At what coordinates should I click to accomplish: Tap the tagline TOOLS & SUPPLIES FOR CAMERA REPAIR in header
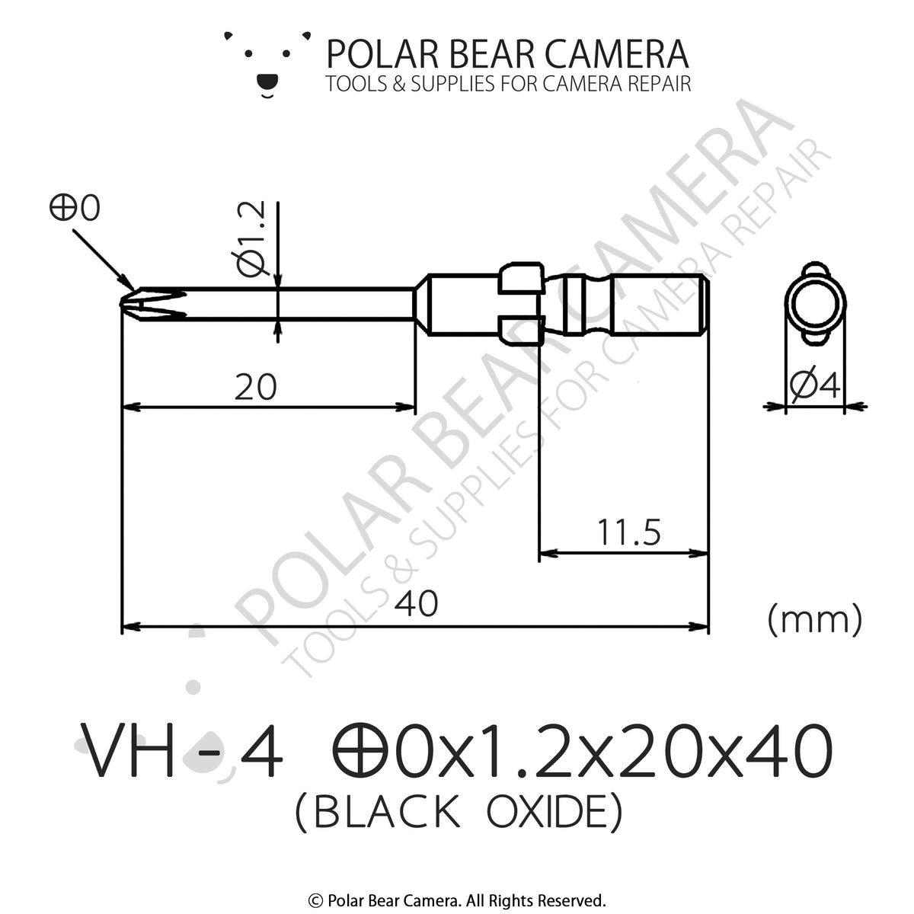508,84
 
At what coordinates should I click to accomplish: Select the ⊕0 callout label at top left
75,209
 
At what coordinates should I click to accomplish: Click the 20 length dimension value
255,388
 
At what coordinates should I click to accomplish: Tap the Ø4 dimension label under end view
814,387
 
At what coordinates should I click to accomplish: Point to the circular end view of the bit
814,304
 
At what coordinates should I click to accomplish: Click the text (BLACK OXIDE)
457,813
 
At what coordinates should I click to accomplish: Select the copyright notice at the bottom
457,900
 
